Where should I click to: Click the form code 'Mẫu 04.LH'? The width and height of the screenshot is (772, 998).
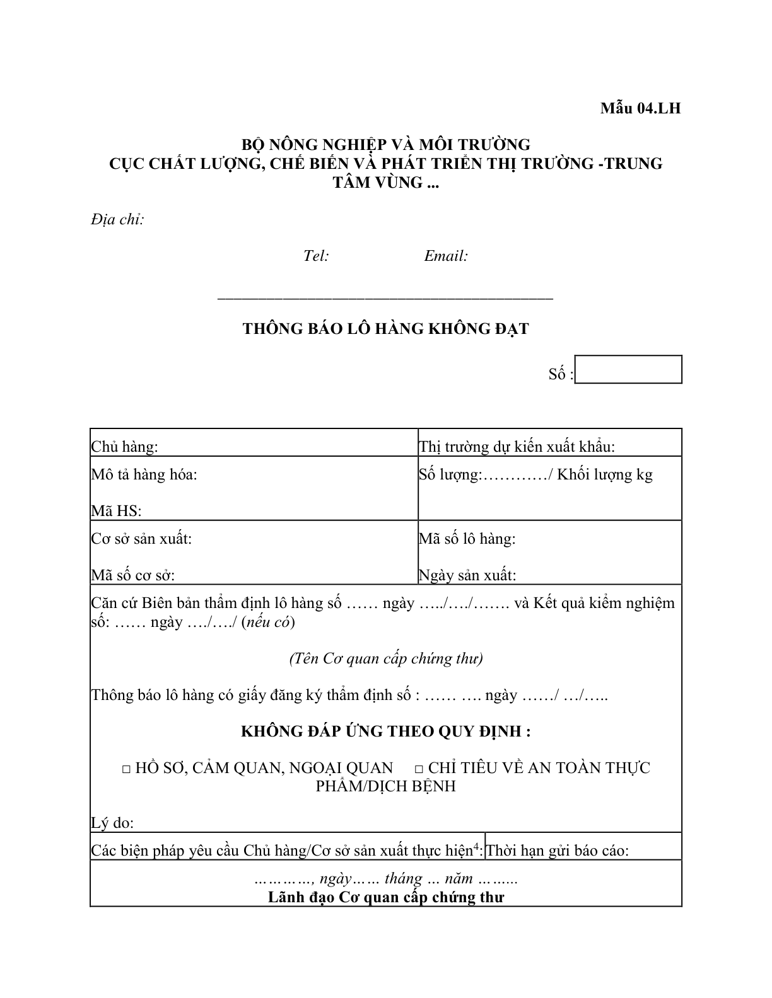[x=640, y=108]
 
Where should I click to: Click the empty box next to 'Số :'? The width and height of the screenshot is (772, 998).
[x=629, y=370]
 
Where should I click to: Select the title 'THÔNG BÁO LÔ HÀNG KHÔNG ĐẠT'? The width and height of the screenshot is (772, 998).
[x=385, y=329]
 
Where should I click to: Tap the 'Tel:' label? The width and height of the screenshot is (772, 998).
[x=316, y=256]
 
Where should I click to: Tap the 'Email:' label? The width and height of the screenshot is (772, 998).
[x=446, y=256]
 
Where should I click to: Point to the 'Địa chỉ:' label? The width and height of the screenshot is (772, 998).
[x=117, y=219]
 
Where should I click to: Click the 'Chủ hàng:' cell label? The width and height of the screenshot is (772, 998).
[x=124, y=447]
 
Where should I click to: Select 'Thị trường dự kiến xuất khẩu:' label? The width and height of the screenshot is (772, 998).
[x=517, y=447]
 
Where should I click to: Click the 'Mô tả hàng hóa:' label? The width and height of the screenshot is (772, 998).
[x=144, y=474]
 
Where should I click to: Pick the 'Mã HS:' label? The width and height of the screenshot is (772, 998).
[x=116, y=511]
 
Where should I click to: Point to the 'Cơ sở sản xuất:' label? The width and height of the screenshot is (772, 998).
[x=141, y=539]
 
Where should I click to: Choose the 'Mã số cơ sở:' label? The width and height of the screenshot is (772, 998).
[x=133, y=575]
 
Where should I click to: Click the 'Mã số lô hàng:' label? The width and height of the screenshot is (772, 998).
[x=467, y=539]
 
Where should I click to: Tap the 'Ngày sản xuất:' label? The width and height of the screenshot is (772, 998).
[x=467, y=575]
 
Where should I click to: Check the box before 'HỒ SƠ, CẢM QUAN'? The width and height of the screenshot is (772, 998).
[x=126, y=769]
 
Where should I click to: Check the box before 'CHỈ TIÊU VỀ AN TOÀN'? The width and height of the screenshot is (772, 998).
[x=419, y=769]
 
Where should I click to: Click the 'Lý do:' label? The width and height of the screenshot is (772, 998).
[x=112, y=823]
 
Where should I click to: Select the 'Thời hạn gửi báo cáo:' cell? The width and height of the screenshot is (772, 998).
[x=558, y=851]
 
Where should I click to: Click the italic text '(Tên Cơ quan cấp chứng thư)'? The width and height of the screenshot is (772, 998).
[x=386, y=658]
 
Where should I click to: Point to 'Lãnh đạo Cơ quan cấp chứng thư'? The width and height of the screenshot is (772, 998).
[x=386, y=897]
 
